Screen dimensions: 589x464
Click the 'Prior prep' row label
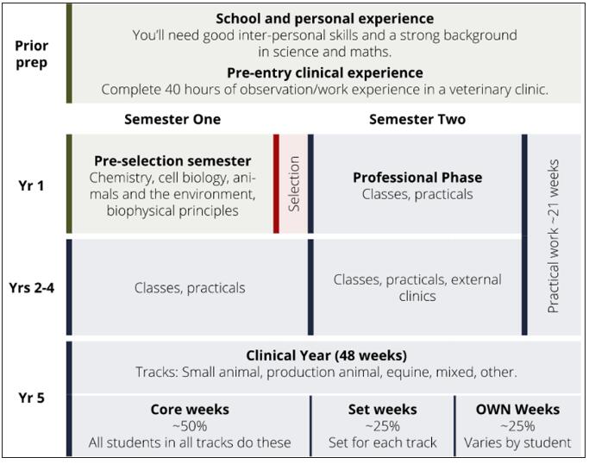[32, 54]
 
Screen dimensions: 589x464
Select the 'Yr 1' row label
[31, 185]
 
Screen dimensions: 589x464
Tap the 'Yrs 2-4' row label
[32, 288]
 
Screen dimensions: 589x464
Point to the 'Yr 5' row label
[31, 398]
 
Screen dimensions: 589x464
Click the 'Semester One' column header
[172, 119]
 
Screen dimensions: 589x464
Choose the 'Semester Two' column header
[417, 119]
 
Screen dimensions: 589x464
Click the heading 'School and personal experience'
[324, 18]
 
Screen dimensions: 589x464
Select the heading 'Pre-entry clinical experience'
[325, 72]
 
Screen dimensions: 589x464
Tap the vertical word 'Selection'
[294, 184]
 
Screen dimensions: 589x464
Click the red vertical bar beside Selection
[276, 184]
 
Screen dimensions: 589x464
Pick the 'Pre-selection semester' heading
[172, 160]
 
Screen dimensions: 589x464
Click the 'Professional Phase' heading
[417, 178]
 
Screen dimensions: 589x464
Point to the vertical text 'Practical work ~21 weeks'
[553, 236]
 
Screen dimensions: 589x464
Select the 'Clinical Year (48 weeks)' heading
[327, 355]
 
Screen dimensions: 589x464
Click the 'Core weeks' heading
[190, 409]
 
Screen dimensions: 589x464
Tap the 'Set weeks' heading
[382, 409]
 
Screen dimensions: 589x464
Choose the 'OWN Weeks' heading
[517, 409]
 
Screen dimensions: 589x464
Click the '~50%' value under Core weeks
[190, 426]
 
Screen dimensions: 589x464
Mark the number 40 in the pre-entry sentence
[172, 90]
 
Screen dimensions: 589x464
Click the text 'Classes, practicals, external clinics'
[417, 288]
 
